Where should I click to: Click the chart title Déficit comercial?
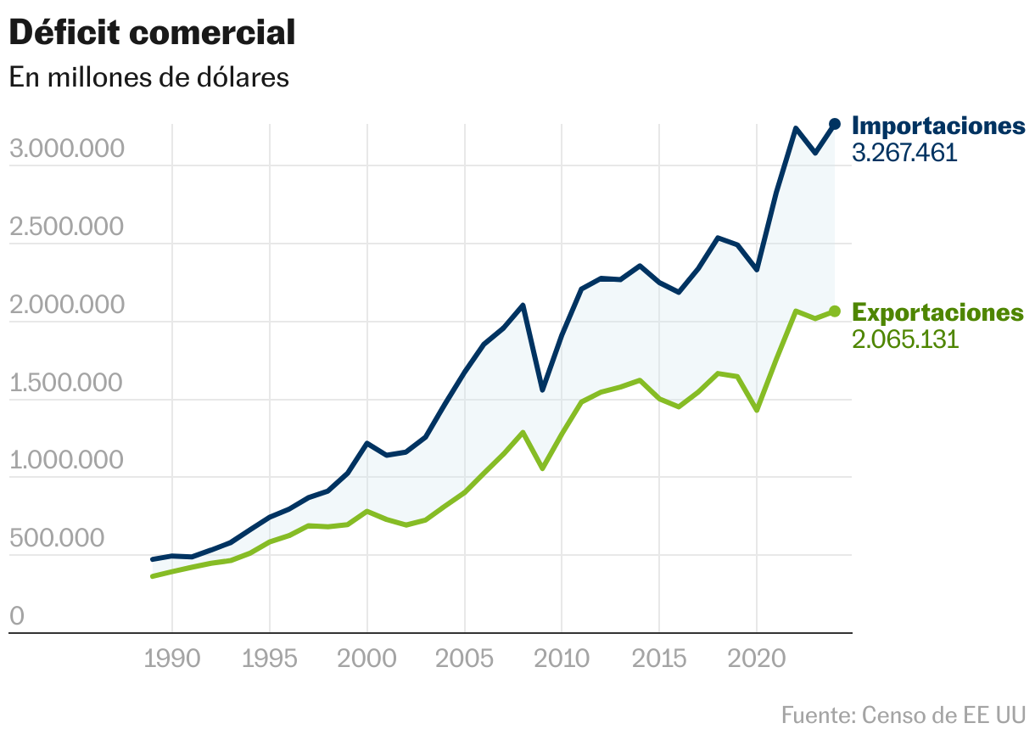(152, 33)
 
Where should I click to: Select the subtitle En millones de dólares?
(149, 77)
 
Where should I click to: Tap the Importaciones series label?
(938, 126)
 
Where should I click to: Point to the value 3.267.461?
(904, 153)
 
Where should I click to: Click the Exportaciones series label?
(937, 312)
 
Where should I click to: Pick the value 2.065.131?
(904, 339)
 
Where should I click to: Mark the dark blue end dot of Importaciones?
(835, 124)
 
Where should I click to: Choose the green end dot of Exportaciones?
(835, 311)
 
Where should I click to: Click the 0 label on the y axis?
(17, 617)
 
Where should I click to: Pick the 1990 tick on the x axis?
(172, 659)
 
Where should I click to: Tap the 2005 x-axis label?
(465, 659)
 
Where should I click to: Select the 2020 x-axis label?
(757, 659)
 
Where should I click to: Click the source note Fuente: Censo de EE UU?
(903, 715)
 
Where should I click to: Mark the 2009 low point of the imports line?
(543, 390)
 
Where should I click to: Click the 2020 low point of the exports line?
(757, 411)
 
